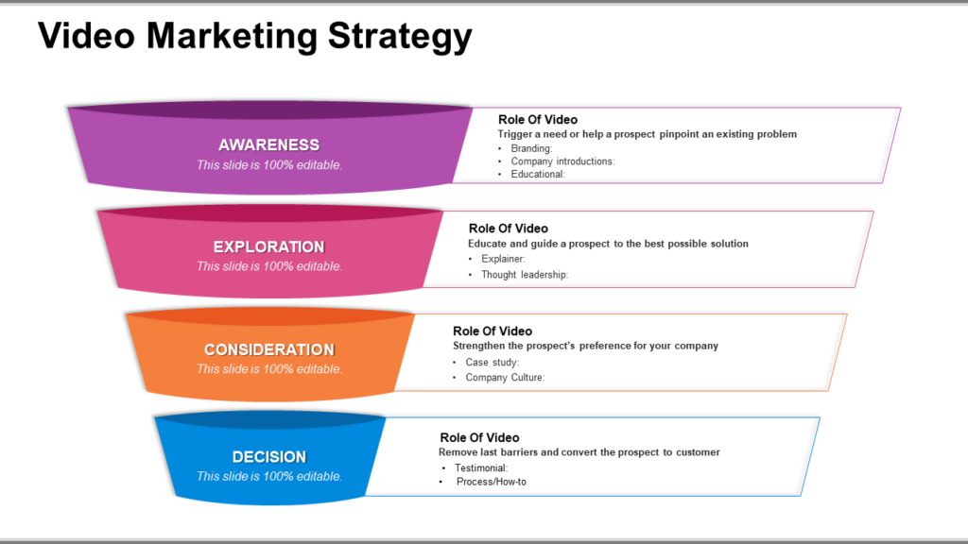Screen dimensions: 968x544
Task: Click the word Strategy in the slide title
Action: [400, 36]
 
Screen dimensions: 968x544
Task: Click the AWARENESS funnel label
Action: [269, 144]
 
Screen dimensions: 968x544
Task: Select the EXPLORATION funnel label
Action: [269, 246]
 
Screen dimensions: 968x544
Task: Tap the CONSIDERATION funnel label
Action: [269, 349]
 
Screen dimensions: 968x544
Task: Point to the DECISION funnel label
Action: [269, 457]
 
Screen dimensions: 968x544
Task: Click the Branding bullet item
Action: [531, 148]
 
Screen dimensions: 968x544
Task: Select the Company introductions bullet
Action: [563, 161]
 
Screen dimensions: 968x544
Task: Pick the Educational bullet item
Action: [538, 175]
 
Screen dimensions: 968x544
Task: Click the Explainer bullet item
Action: [503, 259]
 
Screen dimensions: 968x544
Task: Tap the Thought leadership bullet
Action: [525, 275]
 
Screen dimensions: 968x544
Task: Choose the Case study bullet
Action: [492, 362]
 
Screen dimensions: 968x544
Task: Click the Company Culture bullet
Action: [505, 378]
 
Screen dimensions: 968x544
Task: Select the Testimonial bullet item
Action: [481, 468]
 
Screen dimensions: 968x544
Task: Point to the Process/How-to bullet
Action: [492, 482]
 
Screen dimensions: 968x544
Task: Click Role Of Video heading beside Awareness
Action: [538, 120]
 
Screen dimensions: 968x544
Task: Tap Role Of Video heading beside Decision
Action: [479, 437]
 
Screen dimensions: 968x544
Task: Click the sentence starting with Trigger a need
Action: [648, 134]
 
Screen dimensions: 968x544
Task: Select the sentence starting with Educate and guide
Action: [608, 244]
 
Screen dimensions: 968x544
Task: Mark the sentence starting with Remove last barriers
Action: [579, 452]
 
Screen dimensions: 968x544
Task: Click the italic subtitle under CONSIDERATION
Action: [269, 369]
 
